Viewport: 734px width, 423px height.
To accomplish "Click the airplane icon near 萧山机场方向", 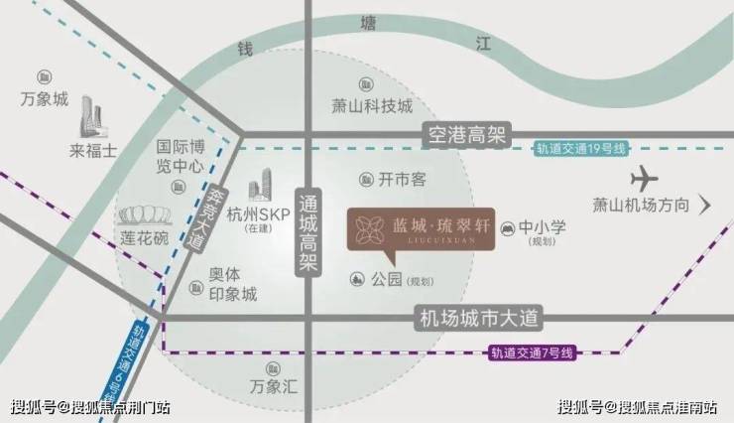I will [645, 180].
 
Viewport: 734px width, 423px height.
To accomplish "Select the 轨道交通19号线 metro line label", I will [582, 149].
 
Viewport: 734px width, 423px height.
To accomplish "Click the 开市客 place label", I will [402, 180].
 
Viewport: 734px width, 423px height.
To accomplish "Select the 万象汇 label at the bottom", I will [274, 386].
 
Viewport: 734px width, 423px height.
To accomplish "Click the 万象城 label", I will [45, 100].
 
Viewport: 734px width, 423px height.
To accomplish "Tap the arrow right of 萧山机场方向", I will [705, 206].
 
